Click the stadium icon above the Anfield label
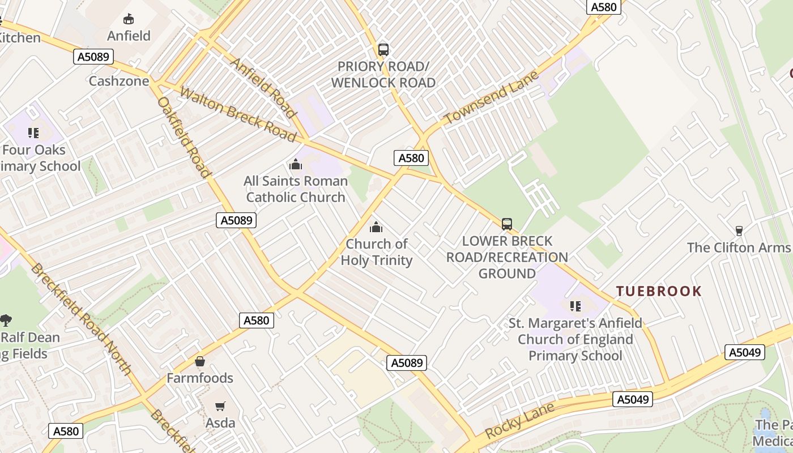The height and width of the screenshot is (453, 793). coord(129,19)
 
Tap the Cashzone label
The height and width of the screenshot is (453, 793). coord(119,81)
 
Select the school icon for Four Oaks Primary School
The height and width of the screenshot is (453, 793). coord(33,133)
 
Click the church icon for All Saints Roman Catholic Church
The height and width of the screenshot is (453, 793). coord(295,165)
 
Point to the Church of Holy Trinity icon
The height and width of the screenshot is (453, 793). coord(376,228)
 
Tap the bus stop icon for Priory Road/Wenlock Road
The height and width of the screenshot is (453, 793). coord(383,49)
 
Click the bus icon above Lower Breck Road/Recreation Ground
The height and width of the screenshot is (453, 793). coord(507,224)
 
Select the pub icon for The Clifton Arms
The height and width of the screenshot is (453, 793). coord(739,231)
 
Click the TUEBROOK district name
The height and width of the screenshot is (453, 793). coord(659,292)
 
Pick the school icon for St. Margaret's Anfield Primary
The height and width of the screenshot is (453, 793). coord(575,306)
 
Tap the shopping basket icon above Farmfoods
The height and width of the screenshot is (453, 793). coord(199,361)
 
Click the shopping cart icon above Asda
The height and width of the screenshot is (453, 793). coord(220,406)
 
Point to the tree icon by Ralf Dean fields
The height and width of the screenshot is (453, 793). coord(6,320)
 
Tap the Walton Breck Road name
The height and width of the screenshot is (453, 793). coord(238,114)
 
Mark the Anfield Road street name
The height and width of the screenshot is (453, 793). coord(263,88)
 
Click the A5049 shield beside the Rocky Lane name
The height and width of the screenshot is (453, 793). coord(632,400)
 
